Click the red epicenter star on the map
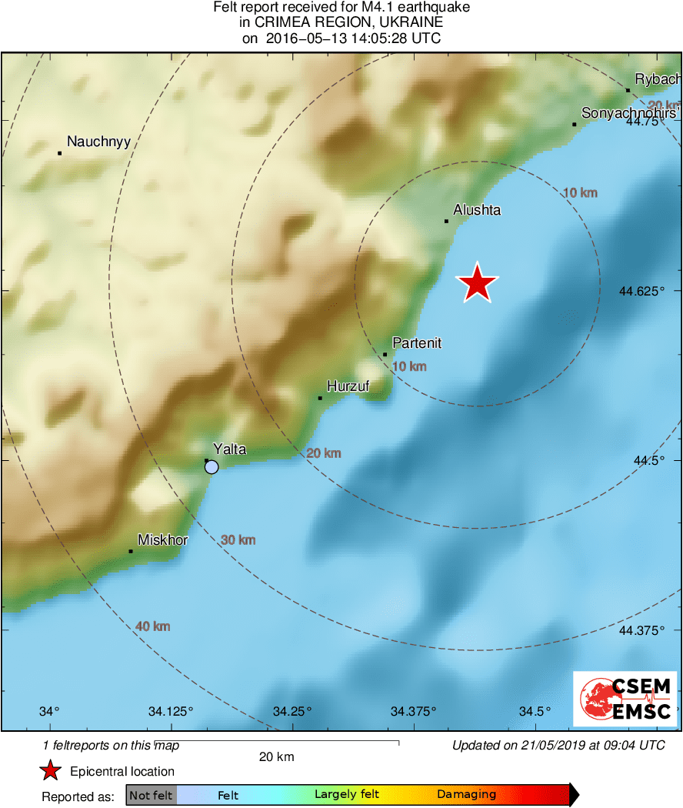[x=478, y=284]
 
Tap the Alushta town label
[x=477, y=209]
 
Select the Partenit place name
[x=417, y=343]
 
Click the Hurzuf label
[x=348, y=386]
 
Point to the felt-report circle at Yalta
[x=212, y=467]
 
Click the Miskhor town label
[x=162, y=540]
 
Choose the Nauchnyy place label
[x=99, y=142]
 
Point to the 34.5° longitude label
[x=535, y=710]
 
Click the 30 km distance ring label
[x=238, y=540]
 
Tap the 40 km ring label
[x=152, y=626]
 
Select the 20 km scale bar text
[x=277, y=757]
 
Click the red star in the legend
[x=51, y=771]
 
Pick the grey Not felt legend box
[x=151, y=795]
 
